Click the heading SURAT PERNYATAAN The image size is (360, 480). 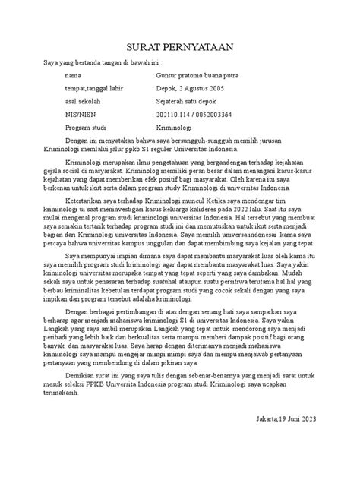pyautogui.click(x=180, y=48)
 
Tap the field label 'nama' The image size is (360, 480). pyautogui.click(x=74, y=76)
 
